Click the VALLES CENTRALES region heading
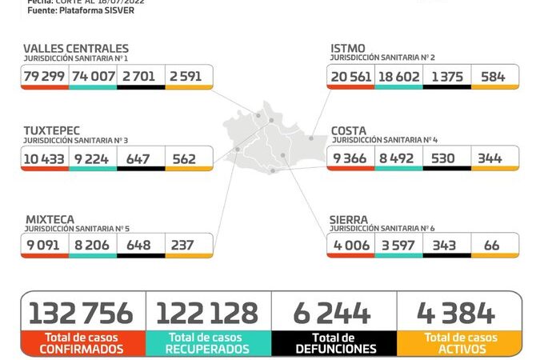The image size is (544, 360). (76, 49)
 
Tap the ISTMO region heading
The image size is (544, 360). (348, 49)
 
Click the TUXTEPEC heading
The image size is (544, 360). (52, 130)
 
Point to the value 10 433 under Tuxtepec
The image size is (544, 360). (45, 158)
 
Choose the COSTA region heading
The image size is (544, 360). (349, 130)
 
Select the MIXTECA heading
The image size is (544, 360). (50, 218)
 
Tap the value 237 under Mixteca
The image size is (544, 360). (182, 245)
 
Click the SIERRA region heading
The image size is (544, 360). (349, 218)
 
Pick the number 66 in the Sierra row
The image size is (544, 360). (491, 245)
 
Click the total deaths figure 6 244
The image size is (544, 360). (334, 312)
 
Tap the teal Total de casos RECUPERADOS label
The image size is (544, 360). (208, 343)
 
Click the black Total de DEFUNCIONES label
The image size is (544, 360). (334, 343)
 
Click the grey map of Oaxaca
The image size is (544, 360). (272, 140)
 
